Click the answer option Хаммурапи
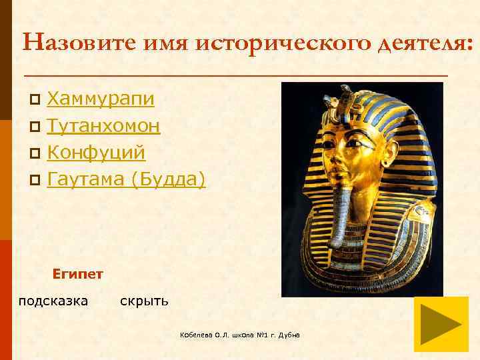click(x=101, y=99)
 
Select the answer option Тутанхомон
click(x=103, y=126)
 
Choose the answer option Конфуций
click(x=96, y=153)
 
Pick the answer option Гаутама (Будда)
click(x=126, y=179)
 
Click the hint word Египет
click(x=77, y=273)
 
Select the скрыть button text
click(x=144, y=301)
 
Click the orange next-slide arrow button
click(x=441, y=324)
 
